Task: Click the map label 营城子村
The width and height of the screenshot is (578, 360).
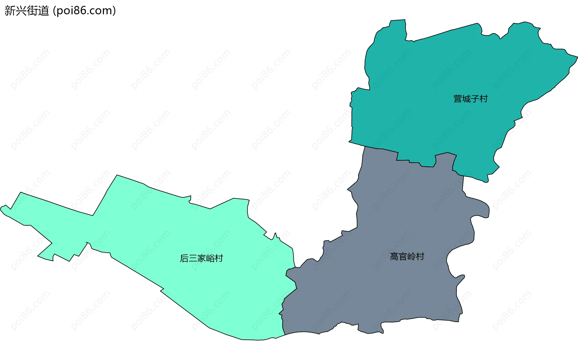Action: pos(471,99)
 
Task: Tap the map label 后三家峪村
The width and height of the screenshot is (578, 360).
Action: pos(201,258)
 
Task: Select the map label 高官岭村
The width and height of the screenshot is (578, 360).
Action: pos(407,257)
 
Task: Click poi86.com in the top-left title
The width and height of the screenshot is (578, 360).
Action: pos(84,11)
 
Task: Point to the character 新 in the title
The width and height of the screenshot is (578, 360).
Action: pos(10,11)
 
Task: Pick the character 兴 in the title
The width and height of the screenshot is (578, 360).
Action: pos(21,11)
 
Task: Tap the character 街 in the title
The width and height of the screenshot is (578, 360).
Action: pos(32,11)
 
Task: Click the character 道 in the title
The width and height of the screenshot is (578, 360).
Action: pos(43,11)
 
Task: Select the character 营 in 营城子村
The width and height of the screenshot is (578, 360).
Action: pos(458,99)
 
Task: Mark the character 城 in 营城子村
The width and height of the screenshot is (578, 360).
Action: pos(466,99)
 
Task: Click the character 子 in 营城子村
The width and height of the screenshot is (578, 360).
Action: pos(475,99)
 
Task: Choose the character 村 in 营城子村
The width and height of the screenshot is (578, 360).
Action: pos(483,99)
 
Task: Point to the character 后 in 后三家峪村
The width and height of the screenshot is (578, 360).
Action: pos(184,258)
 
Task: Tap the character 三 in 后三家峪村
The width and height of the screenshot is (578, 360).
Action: pos(193,258)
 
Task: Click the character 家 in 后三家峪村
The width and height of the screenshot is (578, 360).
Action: pos(201,258)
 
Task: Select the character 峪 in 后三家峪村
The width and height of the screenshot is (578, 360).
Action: pos(210,258)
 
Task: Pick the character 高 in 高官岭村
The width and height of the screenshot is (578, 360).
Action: pos(394,257)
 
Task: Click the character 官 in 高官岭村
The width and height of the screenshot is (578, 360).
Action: pos(403,257)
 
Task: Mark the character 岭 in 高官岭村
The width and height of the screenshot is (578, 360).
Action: pos(412,257)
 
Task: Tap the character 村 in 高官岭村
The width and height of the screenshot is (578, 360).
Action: pos(420,257)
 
